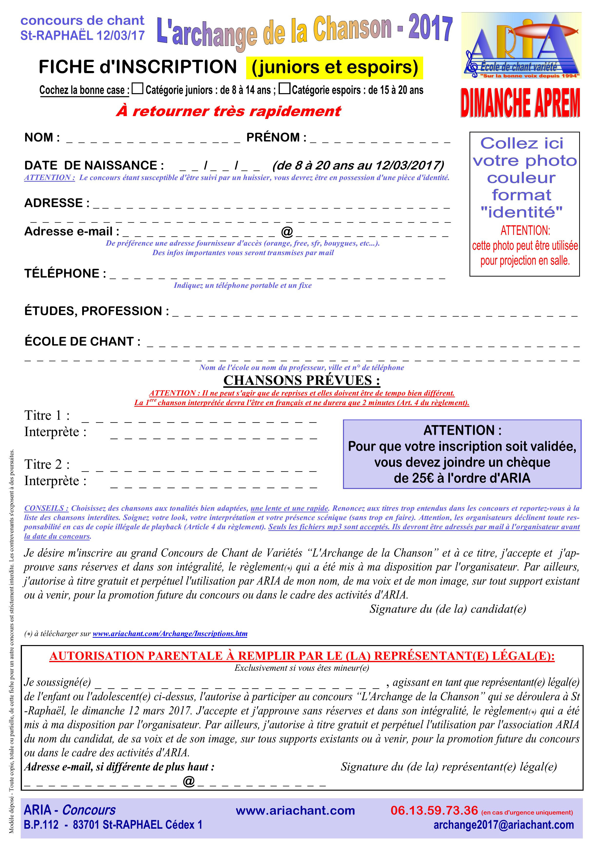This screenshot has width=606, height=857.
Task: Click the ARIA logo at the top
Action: pos(521,46)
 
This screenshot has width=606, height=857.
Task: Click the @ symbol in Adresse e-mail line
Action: pos(287,232)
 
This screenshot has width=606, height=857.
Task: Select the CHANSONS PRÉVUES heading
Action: pos(302,380)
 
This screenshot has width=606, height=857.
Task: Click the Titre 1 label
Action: pos(47,415)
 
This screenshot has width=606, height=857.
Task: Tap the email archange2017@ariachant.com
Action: pos(503,825)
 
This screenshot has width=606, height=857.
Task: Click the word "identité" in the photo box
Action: pos(521,212)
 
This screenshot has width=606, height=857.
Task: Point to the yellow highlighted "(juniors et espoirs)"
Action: pos(334,68)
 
